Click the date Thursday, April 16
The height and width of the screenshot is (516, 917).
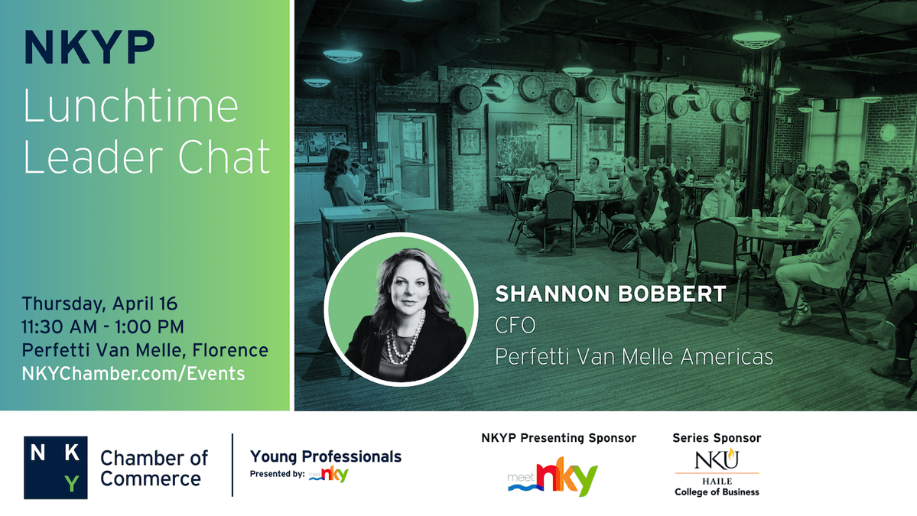(x=99, y=303)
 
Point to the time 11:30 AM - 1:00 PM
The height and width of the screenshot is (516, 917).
(x=102, y=326)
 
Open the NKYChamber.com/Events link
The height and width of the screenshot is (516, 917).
(x=133, y=374)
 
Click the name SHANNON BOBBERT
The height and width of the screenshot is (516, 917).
(x=610, y=294)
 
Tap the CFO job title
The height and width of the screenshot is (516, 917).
(x=515, y=325)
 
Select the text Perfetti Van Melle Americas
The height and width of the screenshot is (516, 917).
(x=634, y=356)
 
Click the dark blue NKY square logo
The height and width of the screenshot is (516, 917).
(x=55, y=467)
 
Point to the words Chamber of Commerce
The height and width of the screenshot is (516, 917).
(x=154, y=468)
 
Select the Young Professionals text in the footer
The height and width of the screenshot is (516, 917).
(x=325, y=456)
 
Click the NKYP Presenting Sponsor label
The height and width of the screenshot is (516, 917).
(x=558, y=438)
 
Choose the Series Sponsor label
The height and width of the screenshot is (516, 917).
(x=717, y=438)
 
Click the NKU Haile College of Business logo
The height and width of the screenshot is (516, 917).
(x=717, y=472)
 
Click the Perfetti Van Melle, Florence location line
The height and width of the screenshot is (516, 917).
(x=145, y=350)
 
